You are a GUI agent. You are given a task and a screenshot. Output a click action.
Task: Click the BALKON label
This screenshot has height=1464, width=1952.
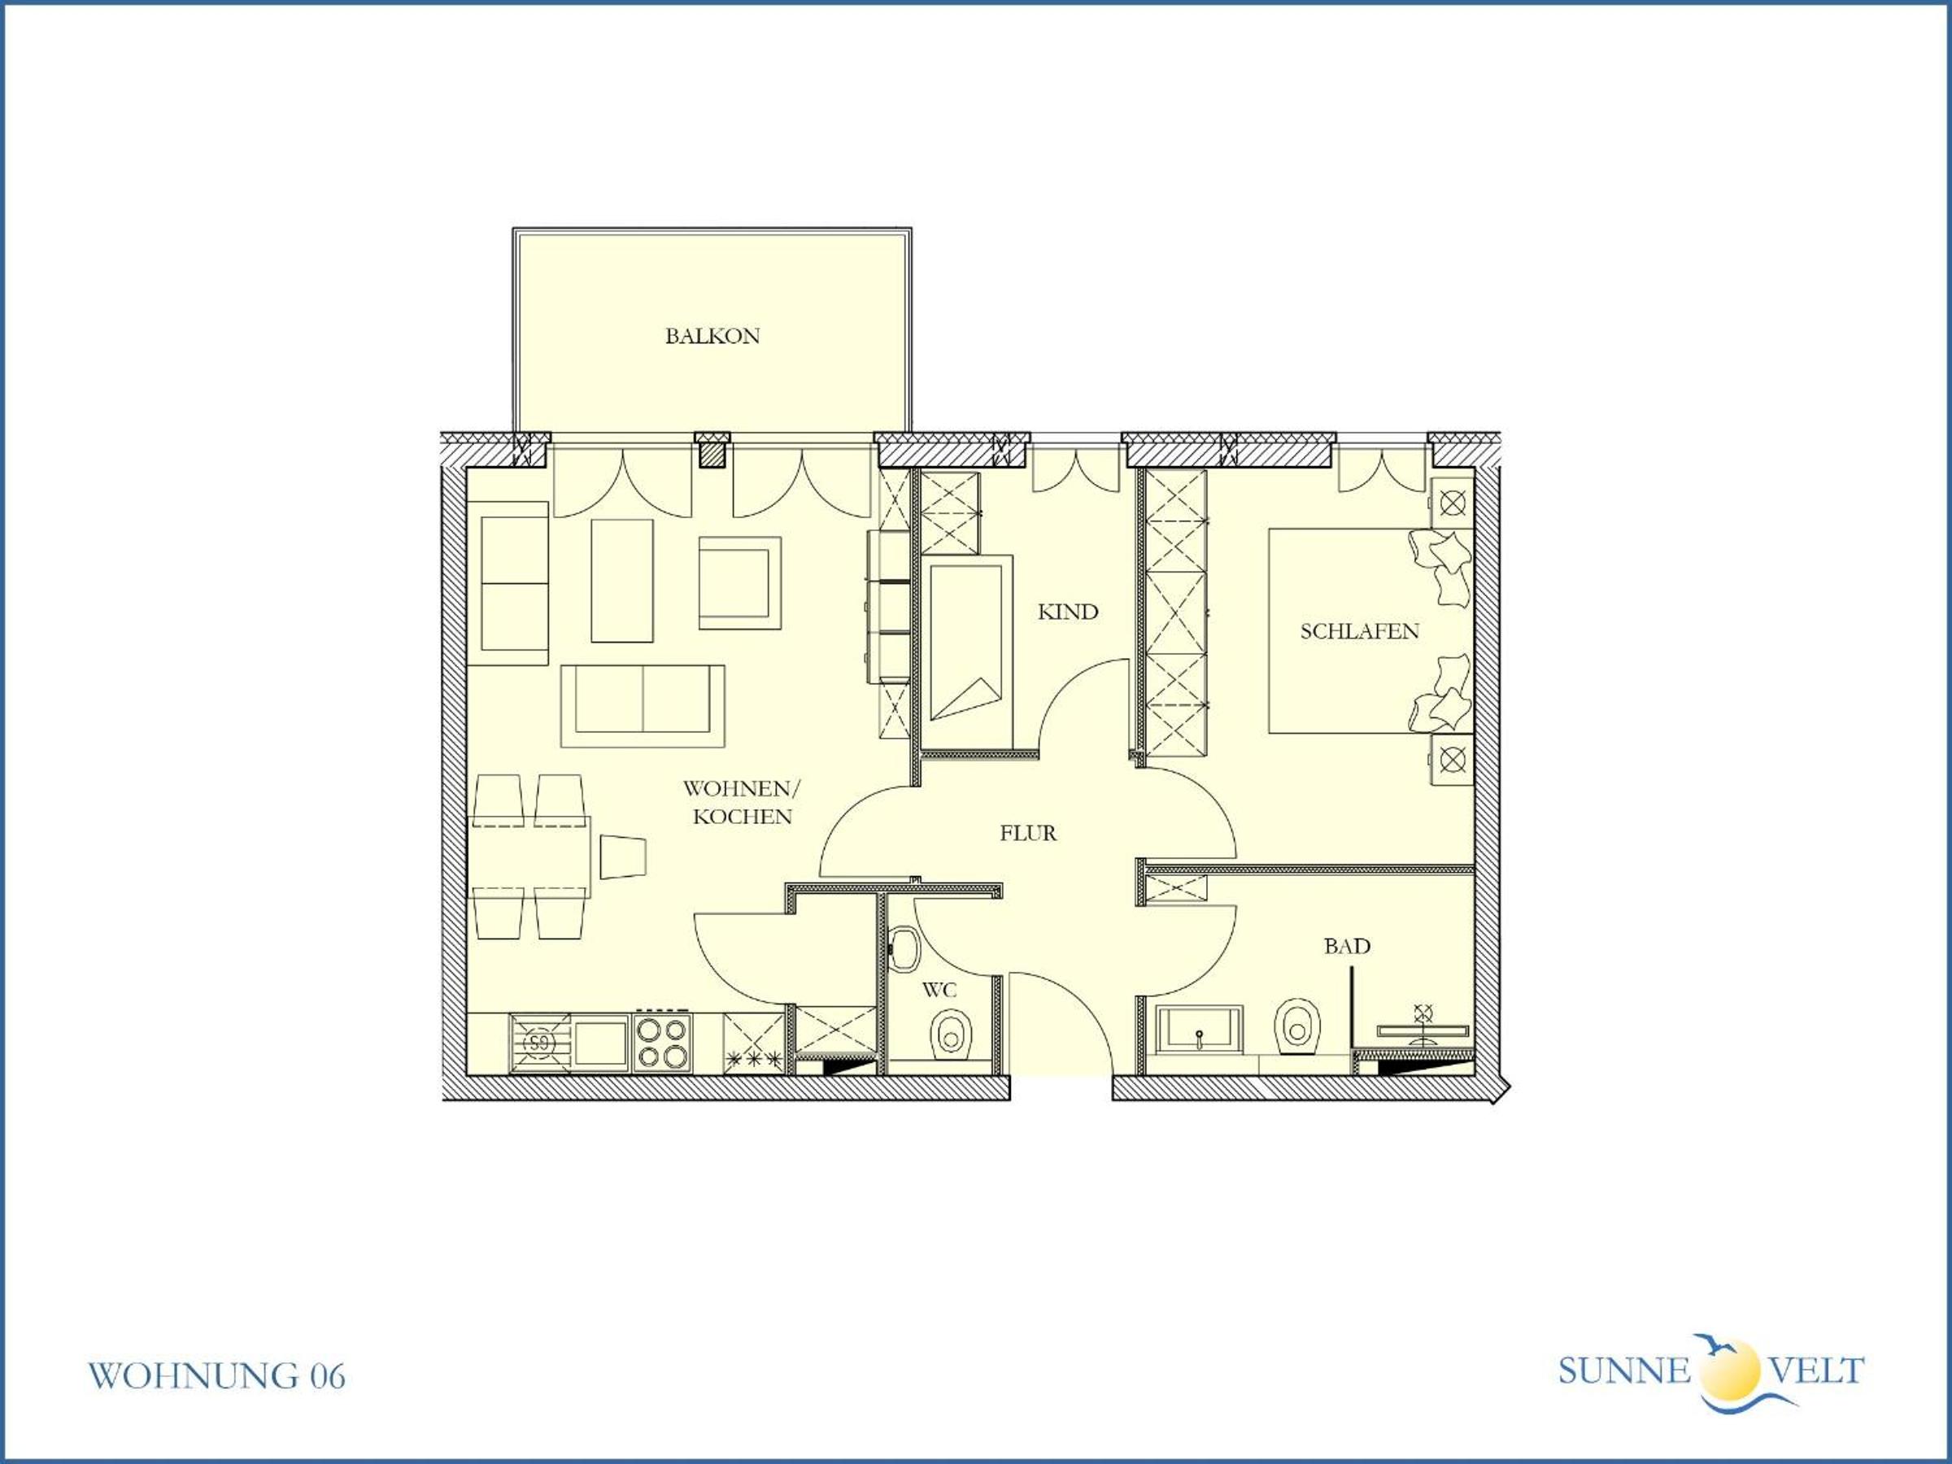712,336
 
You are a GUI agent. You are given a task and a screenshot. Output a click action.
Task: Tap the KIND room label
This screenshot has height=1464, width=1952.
1068,612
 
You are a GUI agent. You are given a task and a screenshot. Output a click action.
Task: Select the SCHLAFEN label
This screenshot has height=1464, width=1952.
1360,632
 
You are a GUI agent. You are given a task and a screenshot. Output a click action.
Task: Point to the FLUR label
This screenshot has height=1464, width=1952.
1028,833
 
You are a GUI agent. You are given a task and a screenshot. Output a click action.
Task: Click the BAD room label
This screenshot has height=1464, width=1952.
1347,947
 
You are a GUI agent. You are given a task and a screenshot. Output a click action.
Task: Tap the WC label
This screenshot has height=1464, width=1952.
939,990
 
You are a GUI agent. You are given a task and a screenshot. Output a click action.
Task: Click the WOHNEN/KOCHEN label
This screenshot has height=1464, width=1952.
742,802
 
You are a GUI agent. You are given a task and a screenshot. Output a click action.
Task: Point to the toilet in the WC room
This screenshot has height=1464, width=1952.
952,1030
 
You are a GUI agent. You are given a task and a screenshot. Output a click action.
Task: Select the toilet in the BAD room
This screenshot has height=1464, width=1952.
1296,1026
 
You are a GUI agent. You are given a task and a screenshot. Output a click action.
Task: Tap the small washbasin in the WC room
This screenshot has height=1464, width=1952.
904,948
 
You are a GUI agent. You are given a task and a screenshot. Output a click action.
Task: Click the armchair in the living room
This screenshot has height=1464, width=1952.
739,583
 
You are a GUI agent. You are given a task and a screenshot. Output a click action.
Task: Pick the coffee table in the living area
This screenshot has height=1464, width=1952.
622,581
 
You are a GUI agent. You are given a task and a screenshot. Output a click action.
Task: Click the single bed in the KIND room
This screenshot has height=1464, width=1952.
967,652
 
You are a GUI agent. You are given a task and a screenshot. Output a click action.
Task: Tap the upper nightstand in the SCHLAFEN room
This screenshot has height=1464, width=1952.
1452,503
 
